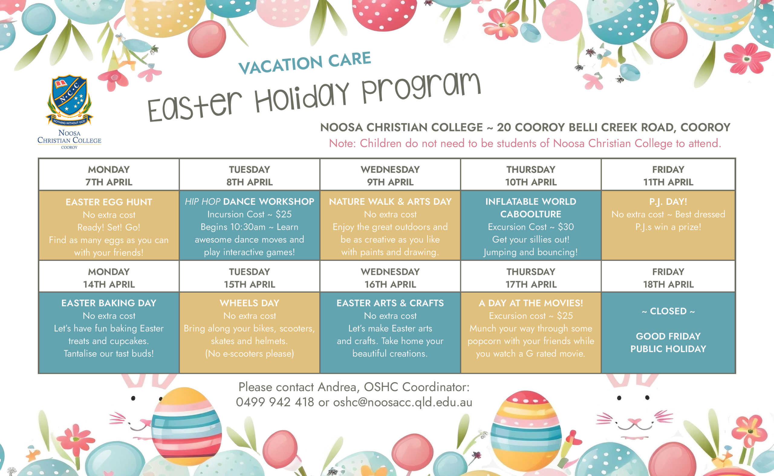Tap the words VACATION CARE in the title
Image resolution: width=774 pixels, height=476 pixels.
pyautogui.click(x=305, y=63)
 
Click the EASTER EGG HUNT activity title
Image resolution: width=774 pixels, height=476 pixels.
pyautogui.click(x=109, y=202)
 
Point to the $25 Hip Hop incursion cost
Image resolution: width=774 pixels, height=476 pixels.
pyautogui.click(x=284, y=214)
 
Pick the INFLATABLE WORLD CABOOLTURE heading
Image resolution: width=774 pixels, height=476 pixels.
pyautogui.click(x=531, y=208)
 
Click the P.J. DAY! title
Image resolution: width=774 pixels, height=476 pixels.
pyautogui.click(x=668, y=201)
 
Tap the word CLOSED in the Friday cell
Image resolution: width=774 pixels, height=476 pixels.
pyautogui.click(x=668, y=311)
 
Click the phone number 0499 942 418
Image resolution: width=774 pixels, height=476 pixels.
pyautogui.click(x=275, y=402)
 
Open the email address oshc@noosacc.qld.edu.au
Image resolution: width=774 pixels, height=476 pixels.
pyautogui.click(x=403, y=402)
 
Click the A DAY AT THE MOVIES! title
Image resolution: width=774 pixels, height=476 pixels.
pyautogui.click(x=531, y=303)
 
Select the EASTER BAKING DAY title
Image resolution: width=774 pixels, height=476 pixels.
pyautogui.click(x=109, y=303)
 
